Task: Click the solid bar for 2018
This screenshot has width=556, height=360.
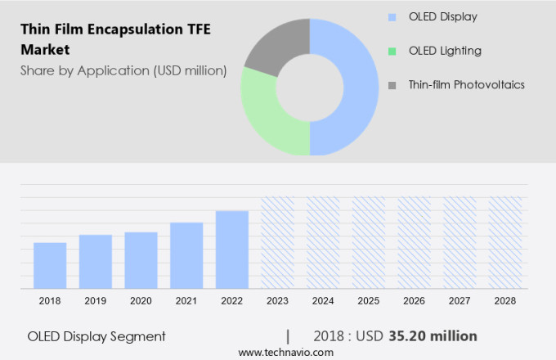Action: click(x=50, y=265)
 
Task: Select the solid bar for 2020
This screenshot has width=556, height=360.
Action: click(x=141, y=260)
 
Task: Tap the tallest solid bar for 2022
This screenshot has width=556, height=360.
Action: click(x=232, y=250)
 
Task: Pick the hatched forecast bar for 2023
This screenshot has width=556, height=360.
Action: click(x=277, y=242)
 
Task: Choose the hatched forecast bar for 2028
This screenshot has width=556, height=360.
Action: click(x=505, y=242)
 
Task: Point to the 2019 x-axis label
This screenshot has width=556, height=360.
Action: click(x=96, y=301)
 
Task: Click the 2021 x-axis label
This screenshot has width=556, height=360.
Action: click(x=186, y=301)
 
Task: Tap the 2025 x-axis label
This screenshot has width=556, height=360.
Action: click(x=369, y=301)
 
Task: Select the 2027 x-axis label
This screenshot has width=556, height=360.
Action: click(x=460, y=301)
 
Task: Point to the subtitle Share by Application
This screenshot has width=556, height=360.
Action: click(x=123, y=70)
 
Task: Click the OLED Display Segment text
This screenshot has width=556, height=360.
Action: click(x=96, y=336)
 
